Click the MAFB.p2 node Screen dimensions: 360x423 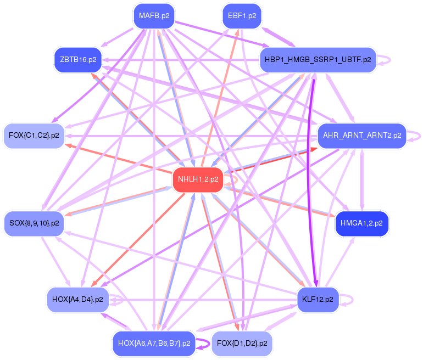(x=154, y=16)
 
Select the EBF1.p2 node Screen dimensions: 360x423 (x=242, y=16)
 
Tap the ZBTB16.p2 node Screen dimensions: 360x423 (x=79, y=59)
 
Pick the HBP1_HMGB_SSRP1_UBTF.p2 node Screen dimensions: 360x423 (x=317, y=59)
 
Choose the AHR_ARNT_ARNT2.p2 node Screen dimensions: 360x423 (x=362, y=135)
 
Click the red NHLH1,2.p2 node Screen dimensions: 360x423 (x=198, y=179)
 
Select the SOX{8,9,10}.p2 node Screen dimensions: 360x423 (x=34, y=223)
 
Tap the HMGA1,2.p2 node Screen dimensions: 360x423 (x=362, y=223)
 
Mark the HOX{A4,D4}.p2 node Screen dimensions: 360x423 (x=77, y=300)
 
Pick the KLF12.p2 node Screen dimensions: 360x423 (x=318, y=300)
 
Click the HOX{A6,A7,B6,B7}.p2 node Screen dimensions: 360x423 (x=154, y=344)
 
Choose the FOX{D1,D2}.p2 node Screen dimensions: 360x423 (x=242, y=344)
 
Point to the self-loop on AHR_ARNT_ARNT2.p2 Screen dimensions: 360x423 (x=418, y=135)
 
